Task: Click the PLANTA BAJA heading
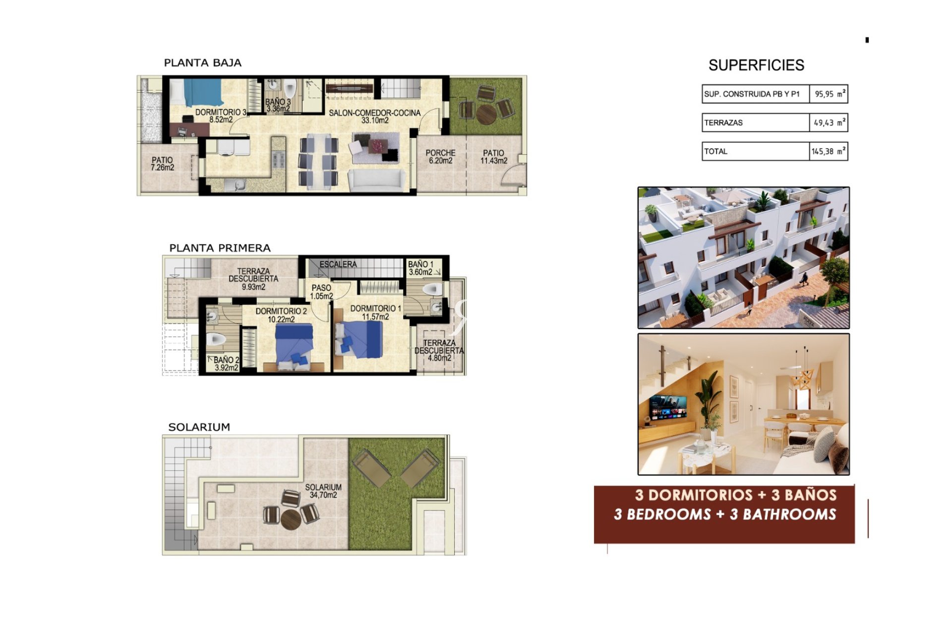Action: (202, 63)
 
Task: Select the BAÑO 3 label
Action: (278, 105)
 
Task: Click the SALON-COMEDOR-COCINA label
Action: (375, 116)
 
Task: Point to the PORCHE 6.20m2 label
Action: (440, 157)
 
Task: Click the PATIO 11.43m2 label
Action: (493, 157)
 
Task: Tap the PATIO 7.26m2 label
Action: (162, 164)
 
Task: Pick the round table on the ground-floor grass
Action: (486, 114)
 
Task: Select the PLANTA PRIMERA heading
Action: (220, 248)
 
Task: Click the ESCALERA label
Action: (338, 264)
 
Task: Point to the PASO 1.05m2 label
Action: (321, 292)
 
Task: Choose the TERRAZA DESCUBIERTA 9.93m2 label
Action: (253, 279)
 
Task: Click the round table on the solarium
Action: (291, 519)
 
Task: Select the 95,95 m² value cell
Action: (829, 94)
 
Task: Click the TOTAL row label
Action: (715, 151)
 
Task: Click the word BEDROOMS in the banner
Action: (669, 514)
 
